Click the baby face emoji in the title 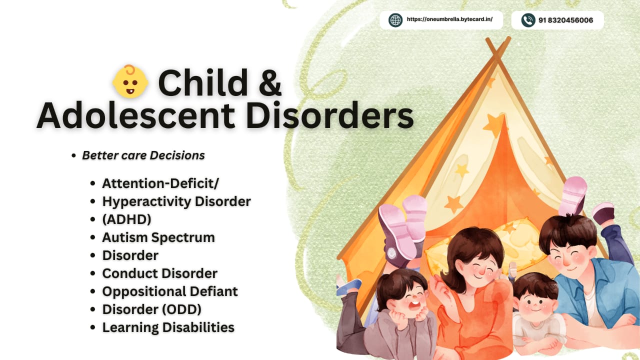tap(130, 81)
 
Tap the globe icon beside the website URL tap(395, 20)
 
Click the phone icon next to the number tap(528, 20)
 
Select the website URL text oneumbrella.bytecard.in tap(449, 19)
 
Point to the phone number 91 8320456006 tap(565, 20)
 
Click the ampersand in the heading tap(269, 82)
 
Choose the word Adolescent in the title tap(136, 115)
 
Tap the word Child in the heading tap(203, 82)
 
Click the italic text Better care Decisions tap(143, 155)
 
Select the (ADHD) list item tap(126, 219)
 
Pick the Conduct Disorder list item tap(159, 273)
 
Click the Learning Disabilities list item tap(168, 327)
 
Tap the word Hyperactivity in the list tap(146, 201)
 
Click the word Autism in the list tap(124, 237)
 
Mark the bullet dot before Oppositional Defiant tap(92, 291)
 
